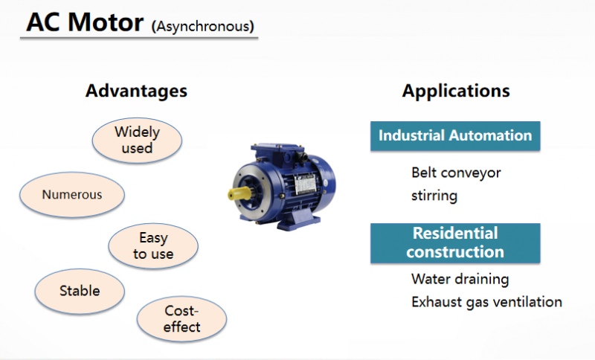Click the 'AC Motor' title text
84,22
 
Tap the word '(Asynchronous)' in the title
203,27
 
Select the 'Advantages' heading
136,91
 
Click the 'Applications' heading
456,91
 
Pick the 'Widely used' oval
137,140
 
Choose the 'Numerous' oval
71,195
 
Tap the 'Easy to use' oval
153,246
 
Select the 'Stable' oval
80,290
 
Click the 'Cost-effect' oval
181,318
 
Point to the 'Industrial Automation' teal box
455,135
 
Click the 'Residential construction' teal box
455,242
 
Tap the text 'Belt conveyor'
456,173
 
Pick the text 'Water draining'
460,279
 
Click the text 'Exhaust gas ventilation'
486,302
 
